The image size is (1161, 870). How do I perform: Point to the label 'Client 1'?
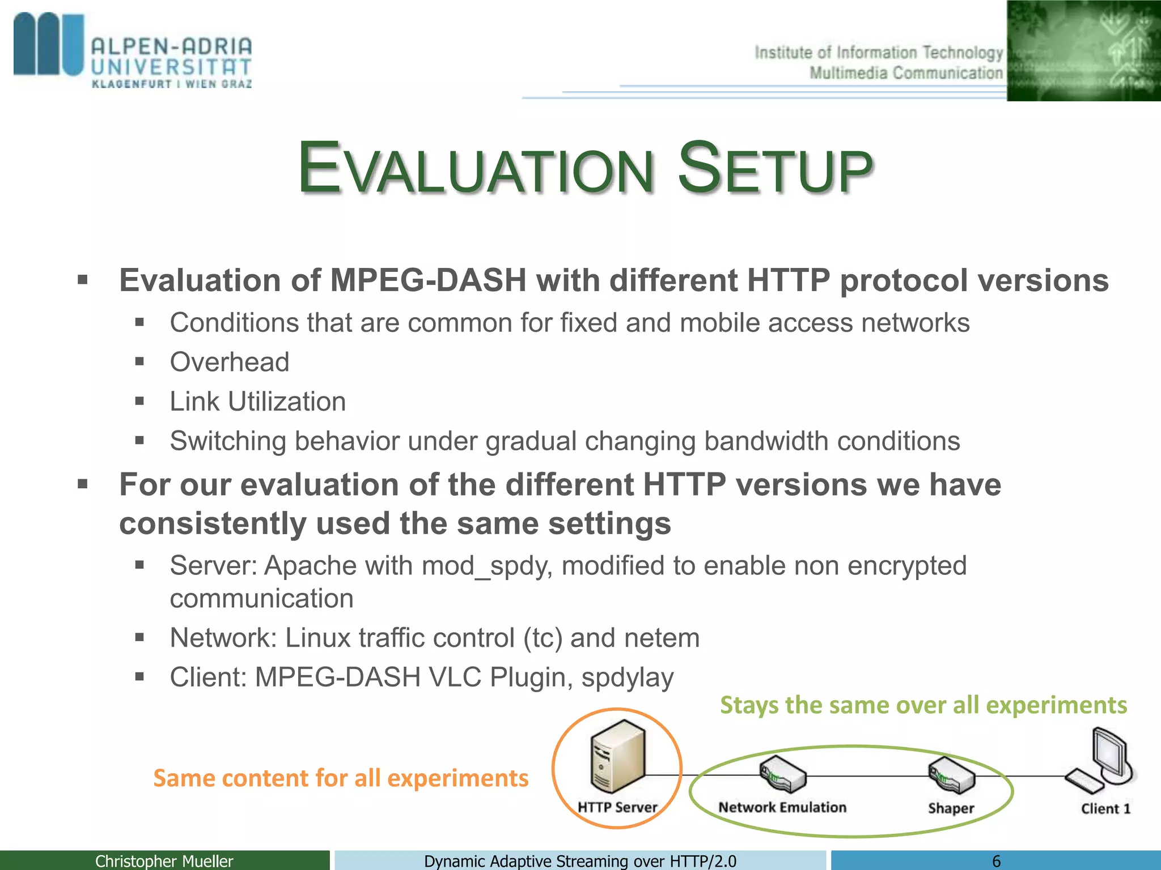tap(1105, 809)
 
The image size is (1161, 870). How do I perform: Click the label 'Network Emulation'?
tap(782, 808)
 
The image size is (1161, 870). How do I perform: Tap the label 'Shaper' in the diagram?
tap(951, 808)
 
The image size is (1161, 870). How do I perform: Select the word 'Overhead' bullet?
tap(230, 362)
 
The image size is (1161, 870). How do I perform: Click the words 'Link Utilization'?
tap(258, 402)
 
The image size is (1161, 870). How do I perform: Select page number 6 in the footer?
tap(996, 861)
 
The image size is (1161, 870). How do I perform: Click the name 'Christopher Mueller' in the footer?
tap(164, 861)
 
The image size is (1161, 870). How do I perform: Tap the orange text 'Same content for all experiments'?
tap(341, 778)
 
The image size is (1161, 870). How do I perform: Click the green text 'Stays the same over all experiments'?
tap(923, 705)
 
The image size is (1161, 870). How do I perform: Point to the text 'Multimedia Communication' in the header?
tap(905, 73)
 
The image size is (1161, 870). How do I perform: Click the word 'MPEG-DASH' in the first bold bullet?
tap(428, 281)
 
